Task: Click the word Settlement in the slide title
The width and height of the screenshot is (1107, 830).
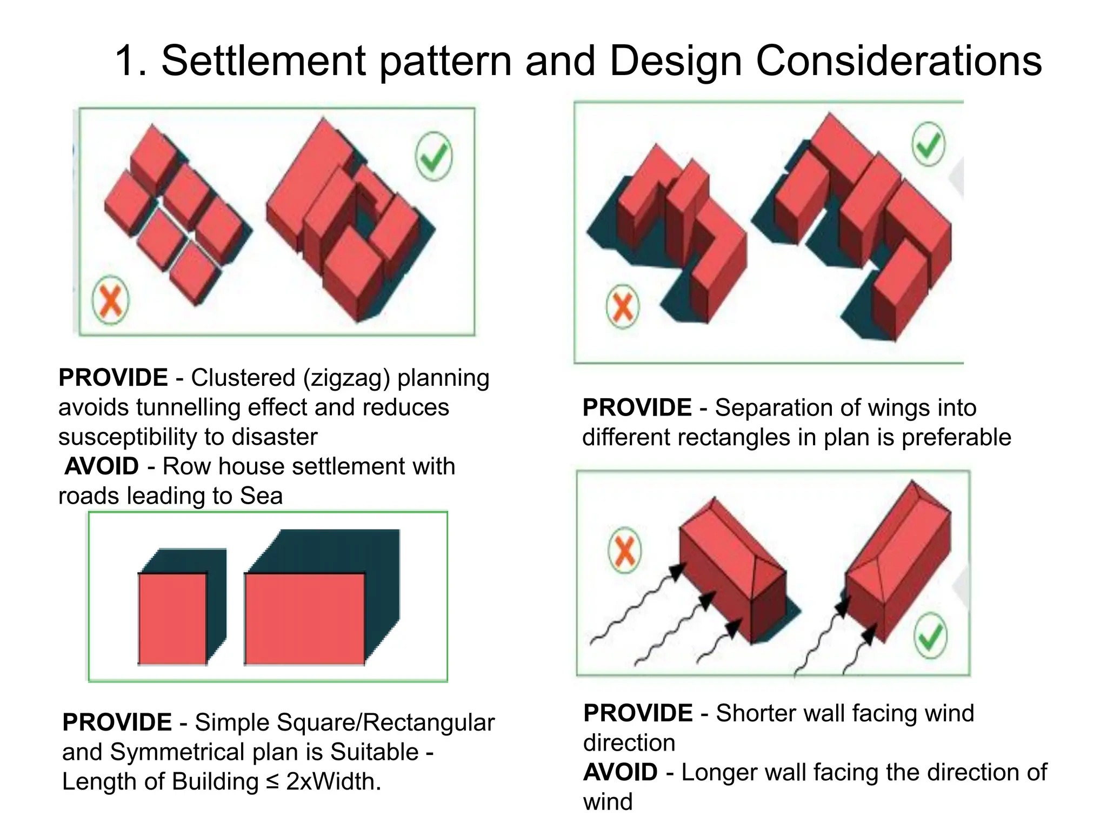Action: click(x=264, y=61)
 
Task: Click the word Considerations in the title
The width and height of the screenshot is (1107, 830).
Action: click(x=898, y=61)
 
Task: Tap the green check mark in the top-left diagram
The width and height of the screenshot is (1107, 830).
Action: click(x=434, y=157)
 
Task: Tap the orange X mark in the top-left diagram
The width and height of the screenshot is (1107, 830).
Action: click(x=111, y=301)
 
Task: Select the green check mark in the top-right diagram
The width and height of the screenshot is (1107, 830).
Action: click(x=929, y=144)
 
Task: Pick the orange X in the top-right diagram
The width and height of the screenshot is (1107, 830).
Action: click(x=623, y=306)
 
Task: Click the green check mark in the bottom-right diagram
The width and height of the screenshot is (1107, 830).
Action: click(x=931, y=636)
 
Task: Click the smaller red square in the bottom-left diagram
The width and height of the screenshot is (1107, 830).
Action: click(x=172, y=618)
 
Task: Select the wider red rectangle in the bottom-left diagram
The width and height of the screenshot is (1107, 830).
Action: click(x=304, y=618)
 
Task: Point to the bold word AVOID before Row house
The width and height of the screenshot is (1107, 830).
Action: click(x=102, y=466)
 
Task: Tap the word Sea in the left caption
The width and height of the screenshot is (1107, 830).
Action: click(x=261, y=496)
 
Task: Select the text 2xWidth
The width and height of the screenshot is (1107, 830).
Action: click(x=334, y=782)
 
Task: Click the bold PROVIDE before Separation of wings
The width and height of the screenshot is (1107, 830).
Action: click(x=637, y=408)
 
